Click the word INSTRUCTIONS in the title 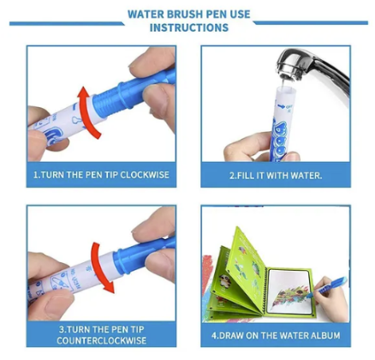pyautogui.click(x=189, y=27)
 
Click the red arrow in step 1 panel pyautogui.click(x=89, y=112)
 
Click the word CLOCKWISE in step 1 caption pyautogui.click(x=145, y=175)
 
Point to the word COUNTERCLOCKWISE pyautogui.click(x=102, y=340)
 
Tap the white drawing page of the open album pyautogui.click(x=289, y=291)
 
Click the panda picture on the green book pyautogui.click(x=225, y=281)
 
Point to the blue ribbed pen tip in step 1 pyautogui.click(x=114, y=98)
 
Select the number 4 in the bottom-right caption pyautogui.click(x=214, y=335)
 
